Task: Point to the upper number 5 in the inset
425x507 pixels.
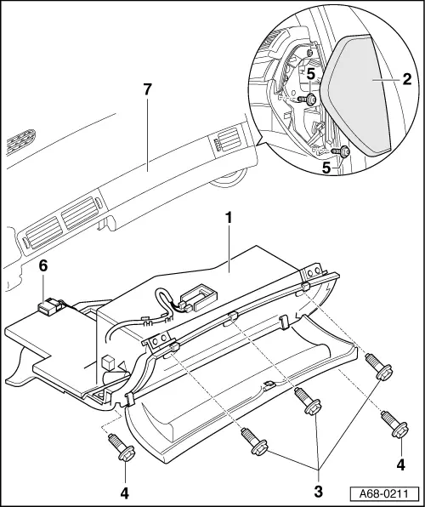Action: [x=311, y=75]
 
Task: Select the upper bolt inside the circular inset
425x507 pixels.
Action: [x=307, y=100]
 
